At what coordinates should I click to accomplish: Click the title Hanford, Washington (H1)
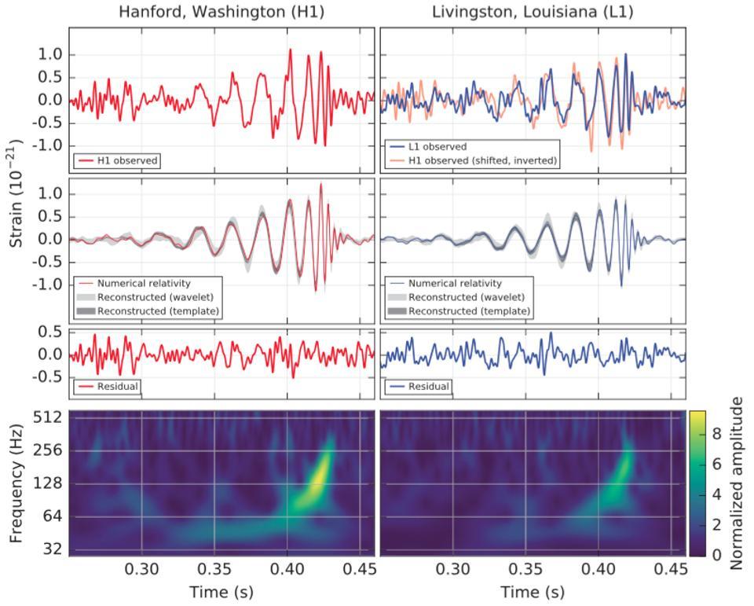221,12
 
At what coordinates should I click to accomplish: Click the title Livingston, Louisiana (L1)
533,12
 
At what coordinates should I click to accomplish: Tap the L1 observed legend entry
437,147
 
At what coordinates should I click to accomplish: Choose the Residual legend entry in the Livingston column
428,387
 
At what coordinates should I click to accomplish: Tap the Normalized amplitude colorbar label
737,483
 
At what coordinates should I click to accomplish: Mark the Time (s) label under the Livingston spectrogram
533,591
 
